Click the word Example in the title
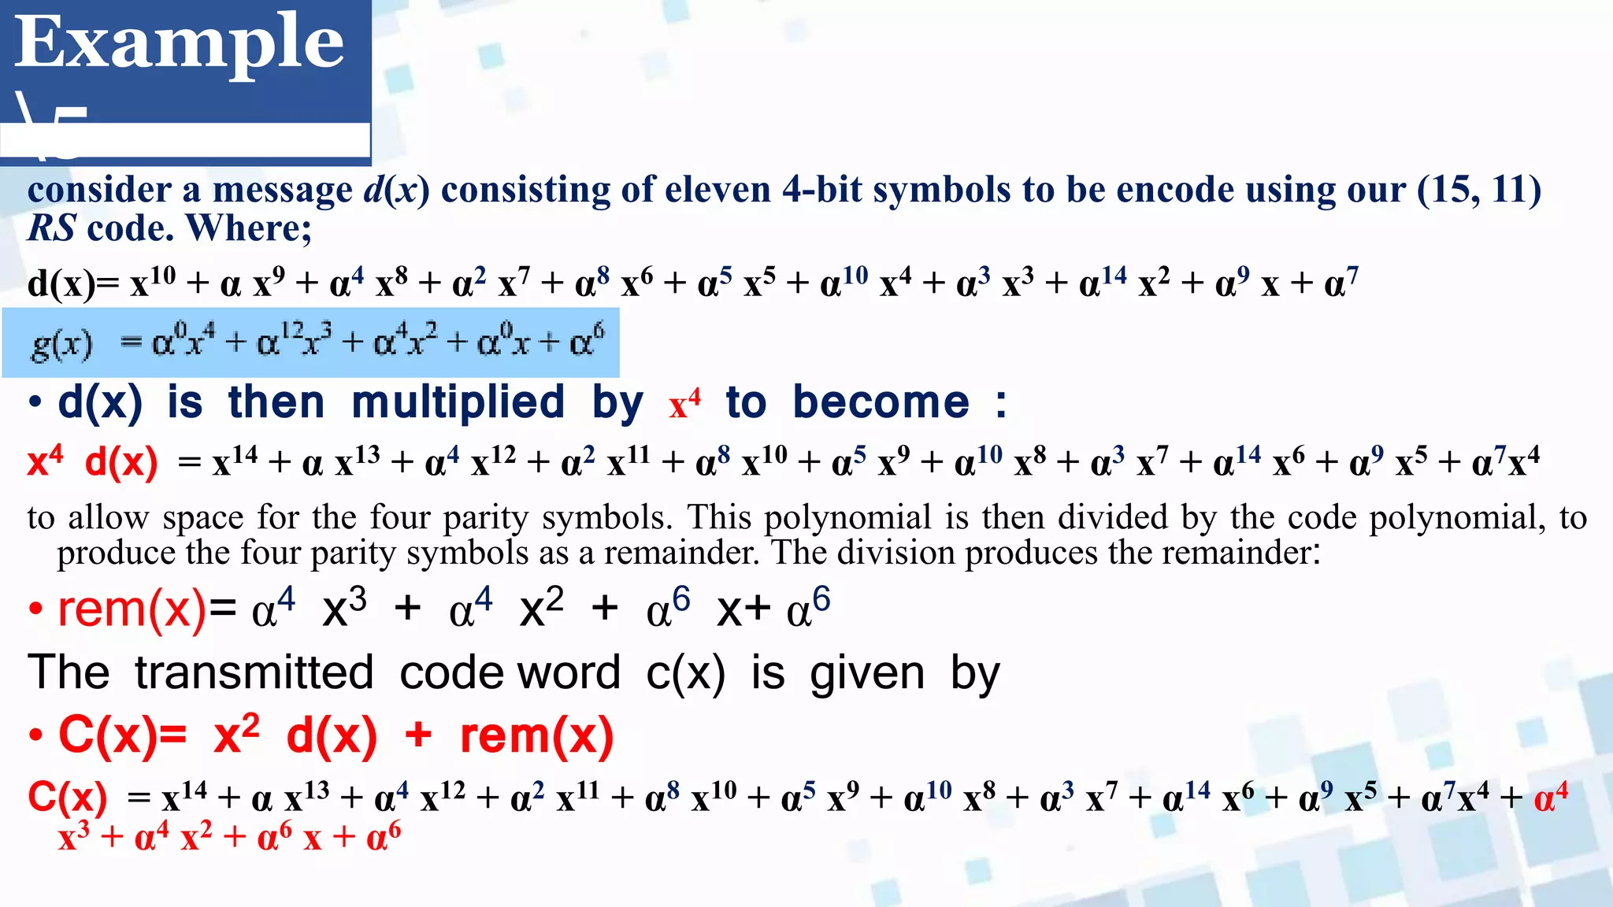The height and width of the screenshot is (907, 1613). click(180, 44)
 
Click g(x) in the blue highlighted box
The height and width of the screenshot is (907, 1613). click(62, 344)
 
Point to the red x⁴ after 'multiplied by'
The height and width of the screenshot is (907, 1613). click(684, 403)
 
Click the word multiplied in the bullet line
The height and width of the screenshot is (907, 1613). click(458, 403)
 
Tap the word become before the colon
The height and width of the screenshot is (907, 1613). click(881, 403)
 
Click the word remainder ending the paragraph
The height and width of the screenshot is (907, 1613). click(1237, 553)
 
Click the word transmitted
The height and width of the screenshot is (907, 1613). click(254, 673)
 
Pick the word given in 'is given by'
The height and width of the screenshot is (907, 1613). click(867, 675)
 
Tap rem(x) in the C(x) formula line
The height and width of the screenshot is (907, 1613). click(536, 735)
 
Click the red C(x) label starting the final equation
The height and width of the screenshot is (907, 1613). click(67, 798)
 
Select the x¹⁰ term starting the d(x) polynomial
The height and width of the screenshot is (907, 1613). click(153, 282)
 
